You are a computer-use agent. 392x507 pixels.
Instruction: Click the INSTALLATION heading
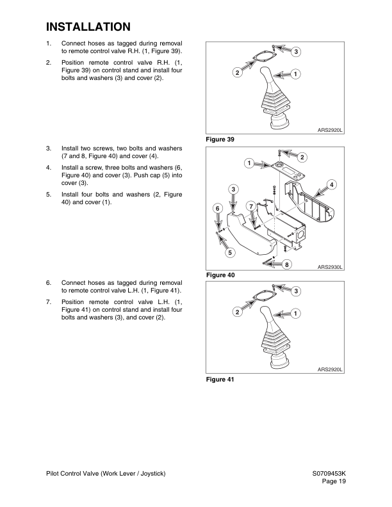(88, 27)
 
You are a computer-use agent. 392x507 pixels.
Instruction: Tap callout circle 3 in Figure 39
(297, 51)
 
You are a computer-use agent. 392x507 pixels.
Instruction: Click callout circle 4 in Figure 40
(331, 185)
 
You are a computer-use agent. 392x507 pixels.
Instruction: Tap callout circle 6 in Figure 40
(217, 209)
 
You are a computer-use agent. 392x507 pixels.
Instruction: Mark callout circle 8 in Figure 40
(287, 264)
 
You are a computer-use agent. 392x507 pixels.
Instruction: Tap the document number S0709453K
(325, 473)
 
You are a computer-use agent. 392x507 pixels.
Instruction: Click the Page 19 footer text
(332, 481)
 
